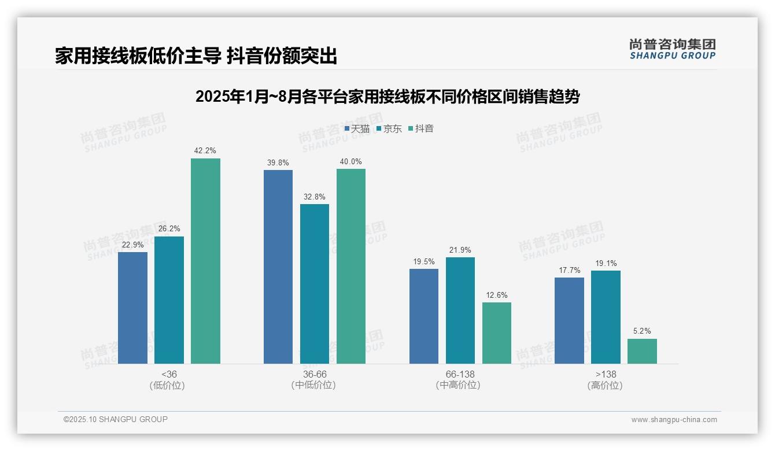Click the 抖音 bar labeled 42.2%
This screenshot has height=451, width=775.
pos(205,261)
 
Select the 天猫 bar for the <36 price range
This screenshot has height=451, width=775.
pos(132,308)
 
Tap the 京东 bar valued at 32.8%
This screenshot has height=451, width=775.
pos(315,283)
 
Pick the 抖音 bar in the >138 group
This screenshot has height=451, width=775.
pos(642,351)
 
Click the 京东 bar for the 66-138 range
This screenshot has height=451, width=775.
pos(460,310)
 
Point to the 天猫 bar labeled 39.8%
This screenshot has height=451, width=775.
pos(278,267)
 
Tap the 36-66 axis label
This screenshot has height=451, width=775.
pos(314,375)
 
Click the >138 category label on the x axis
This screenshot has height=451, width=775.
pos(605,375)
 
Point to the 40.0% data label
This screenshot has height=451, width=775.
pos(350,162)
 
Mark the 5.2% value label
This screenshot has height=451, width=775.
pos(642,331)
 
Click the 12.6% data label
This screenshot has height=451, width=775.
pos(497,295)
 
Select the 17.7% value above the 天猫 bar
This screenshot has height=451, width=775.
pos(569,271)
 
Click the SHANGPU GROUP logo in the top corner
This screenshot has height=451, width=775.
pos(673,49)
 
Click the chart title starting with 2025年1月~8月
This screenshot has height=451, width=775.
pos(387,97)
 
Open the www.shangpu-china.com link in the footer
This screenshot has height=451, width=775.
pos(674,420)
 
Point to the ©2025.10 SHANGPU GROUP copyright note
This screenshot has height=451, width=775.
pos(116,419)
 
